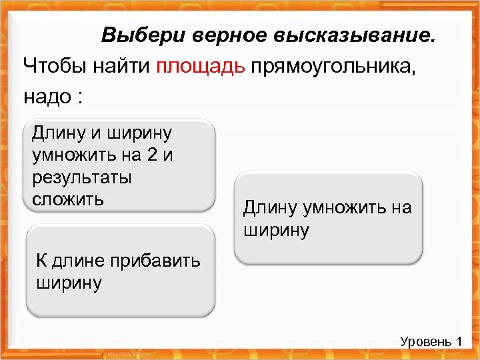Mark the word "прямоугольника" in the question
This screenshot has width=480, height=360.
pos(333,67)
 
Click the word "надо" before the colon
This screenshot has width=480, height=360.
pos(46,97)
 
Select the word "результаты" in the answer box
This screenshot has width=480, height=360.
pos(81,178)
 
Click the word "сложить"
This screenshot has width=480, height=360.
pos(67,199)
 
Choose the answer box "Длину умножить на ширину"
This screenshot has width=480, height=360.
pos(328,219)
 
